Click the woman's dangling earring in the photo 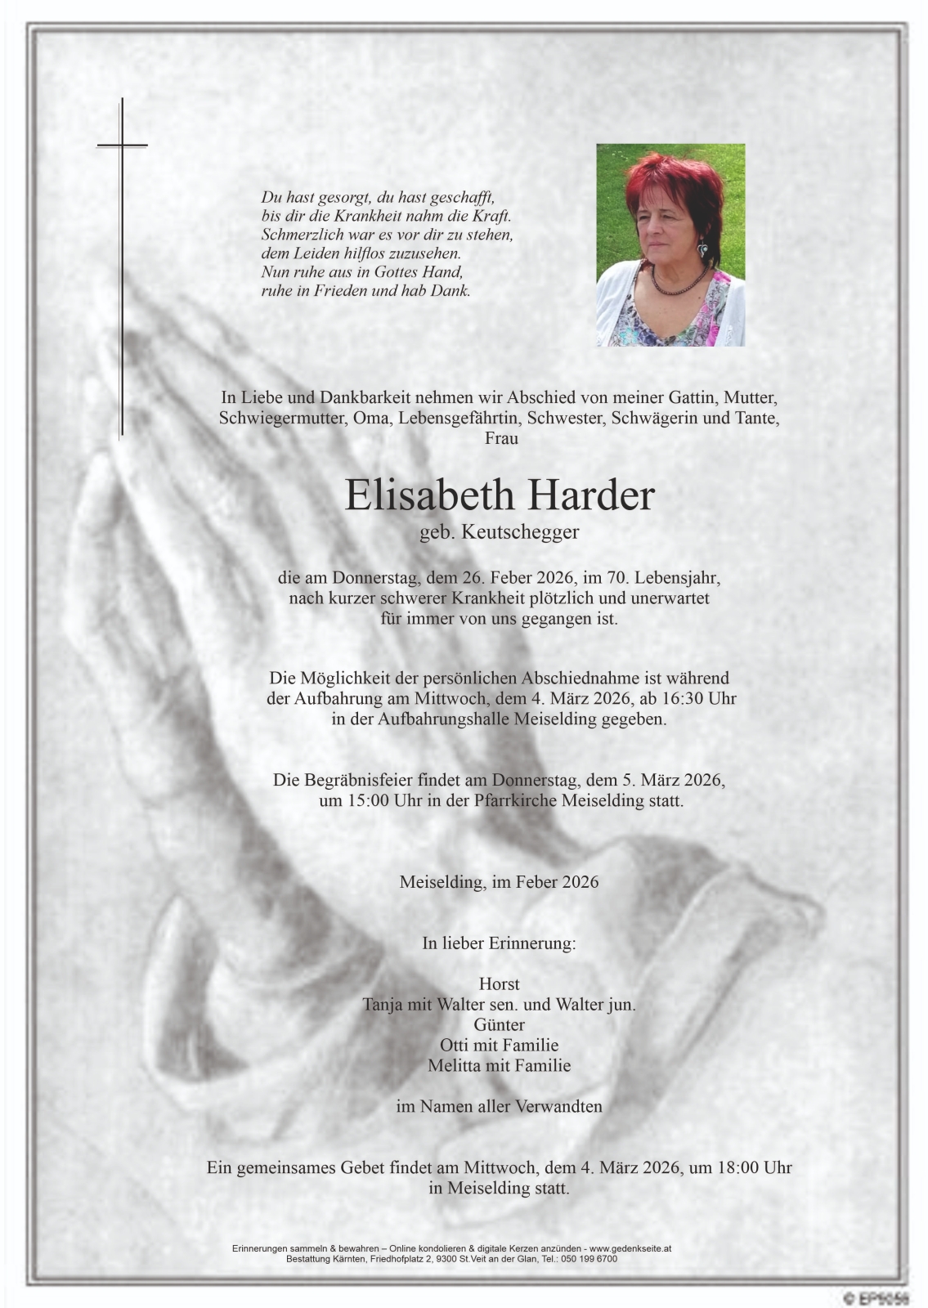click(x=702, y=248)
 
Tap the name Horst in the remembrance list click(x=499, y=984)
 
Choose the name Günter click(x=499, y=1024)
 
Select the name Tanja click(x=383, y=1005)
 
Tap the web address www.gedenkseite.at click(x=630, y=1249)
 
